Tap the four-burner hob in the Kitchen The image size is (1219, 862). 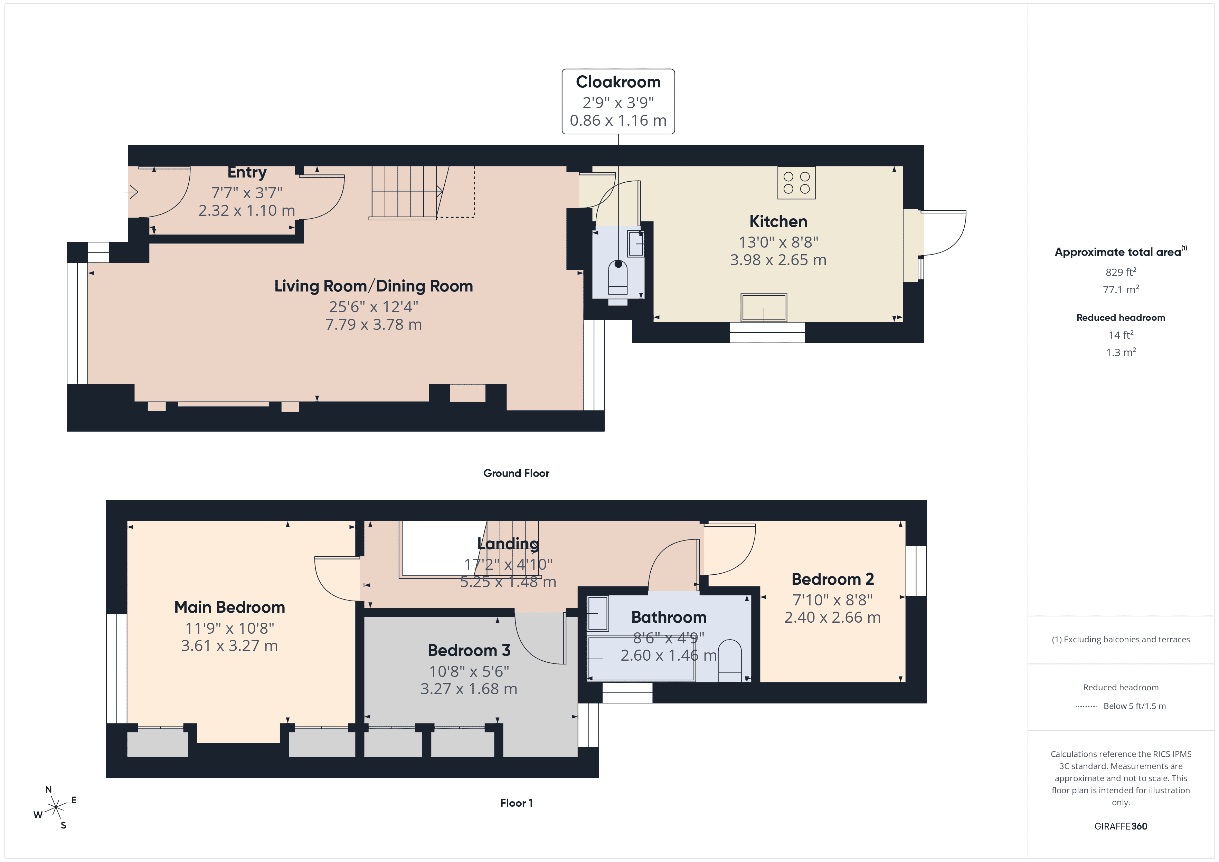pos(796,183)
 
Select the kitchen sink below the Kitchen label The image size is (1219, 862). pos(764,307)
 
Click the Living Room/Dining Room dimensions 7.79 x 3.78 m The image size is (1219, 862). pos(373,324)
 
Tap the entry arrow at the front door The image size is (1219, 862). pos(132,192)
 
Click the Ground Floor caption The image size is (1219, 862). pos(516,473)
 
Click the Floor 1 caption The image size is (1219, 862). pos(516,803)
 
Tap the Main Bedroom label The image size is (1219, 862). pos(229,607)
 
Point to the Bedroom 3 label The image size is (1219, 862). pos(469,650)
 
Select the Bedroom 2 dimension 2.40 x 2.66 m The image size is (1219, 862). pos(832,617)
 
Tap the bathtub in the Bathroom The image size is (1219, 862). pos(641,659)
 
